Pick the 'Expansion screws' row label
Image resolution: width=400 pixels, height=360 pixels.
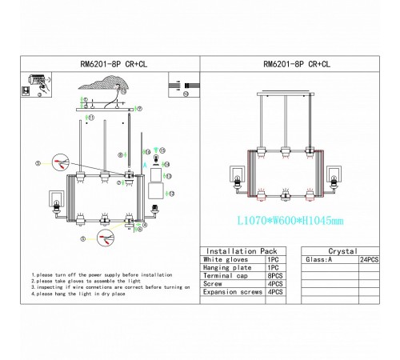pos(232,292)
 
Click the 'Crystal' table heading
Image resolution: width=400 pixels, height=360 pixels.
pos(342,251)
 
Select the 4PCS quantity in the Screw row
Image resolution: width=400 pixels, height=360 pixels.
pos(275,282)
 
